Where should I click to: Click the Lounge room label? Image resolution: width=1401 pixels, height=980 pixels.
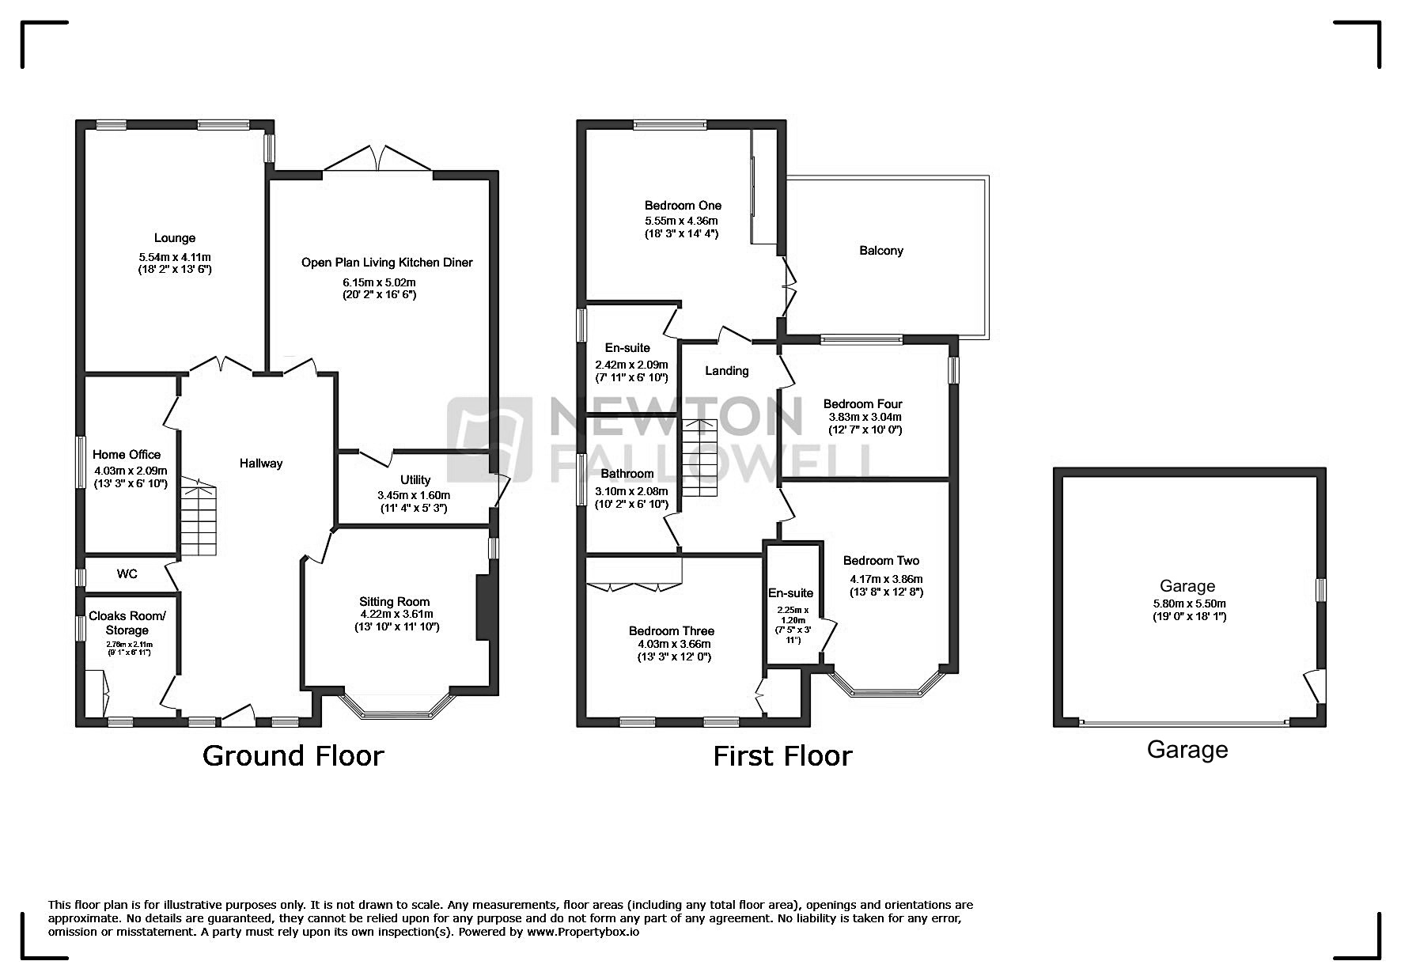pyautogui.click(x=175, y=238)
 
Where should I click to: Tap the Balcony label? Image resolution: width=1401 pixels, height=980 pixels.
pyautogui.click(x=880, y=251)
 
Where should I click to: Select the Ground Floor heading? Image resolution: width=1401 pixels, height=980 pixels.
pyautogui.click(x=293, y=756)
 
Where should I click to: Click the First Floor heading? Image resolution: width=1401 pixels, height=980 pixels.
pyautogui.click(x=782, y=756)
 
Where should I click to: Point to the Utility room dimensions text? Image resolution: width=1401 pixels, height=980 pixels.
pyautogui.click(x=414, y=501)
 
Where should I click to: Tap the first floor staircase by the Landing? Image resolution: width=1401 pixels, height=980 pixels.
pyautogui.click(x=700, y=459)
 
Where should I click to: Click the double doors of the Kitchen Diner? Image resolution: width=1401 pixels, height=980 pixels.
pyautogui.click(x=379, y=159)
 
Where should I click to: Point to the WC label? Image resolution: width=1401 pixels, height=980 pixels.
pyautogui.click(x=127, y=573)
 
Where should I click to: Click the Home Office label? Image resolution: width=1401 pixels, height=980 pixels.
pyautogui.click(x=127, y=455)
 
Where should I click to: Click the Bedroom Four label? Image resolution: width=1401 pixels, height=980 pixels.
pyautogui.click(x=862, y=404)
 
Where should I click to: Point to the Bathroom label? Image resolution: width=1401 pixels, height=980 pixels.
pyautogui.click(x=627, y=475)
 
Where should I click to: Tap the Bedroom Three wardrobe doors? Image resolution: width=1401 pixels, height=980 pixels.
pyautogui.click(x=633, y=588)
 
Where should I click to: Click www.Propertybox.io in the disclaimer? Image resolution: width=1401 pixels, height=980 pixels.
pyautogui.click(x=583, y=932)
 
